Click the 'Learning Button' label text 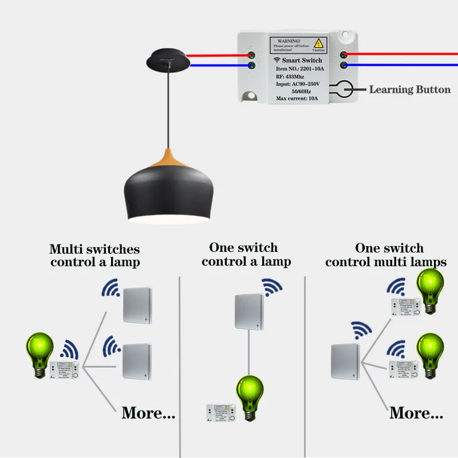click(x=409, y=89)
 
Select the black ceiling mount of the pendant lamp click(x=168, y=58)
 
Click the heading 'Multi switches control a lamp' click(x=94, y=256)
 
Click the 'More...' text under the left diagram click(x=148, y=412)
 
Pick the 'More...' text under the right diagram click(x=416, y=412)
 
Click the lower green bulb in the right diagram click(x=431, y=352)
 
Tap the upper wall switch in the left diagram click(x=138, y=306)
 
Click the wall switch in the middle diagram click(x=248, y=312)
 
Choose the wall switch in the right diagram click(x=346, y=361)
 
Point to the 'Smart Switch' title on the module click(x=302, y=60)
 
